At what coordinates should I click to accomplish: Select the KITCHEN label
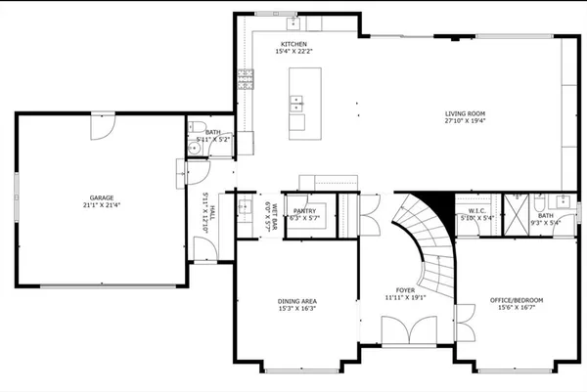[294, 45]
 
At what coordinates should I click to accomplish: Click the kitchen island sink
[296, 100]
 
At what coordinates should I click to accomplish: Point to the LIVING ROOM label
[466, 113]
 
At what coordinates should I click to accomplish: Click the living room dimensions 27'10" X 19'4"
[466, 121]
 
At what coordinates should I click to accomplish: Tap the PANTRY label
[305, 210]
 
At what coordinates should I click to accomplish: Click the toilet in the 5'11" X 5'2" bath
[196, 128]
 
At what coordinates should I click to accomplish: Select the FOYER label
[406, 290]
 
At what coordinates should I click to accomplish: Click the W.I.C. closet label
[477, 210]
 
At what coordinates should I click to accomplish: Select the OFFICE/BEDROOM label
[517, 299]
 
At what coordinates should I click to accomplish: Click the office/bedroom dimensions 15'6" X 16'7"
[517, 307]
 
